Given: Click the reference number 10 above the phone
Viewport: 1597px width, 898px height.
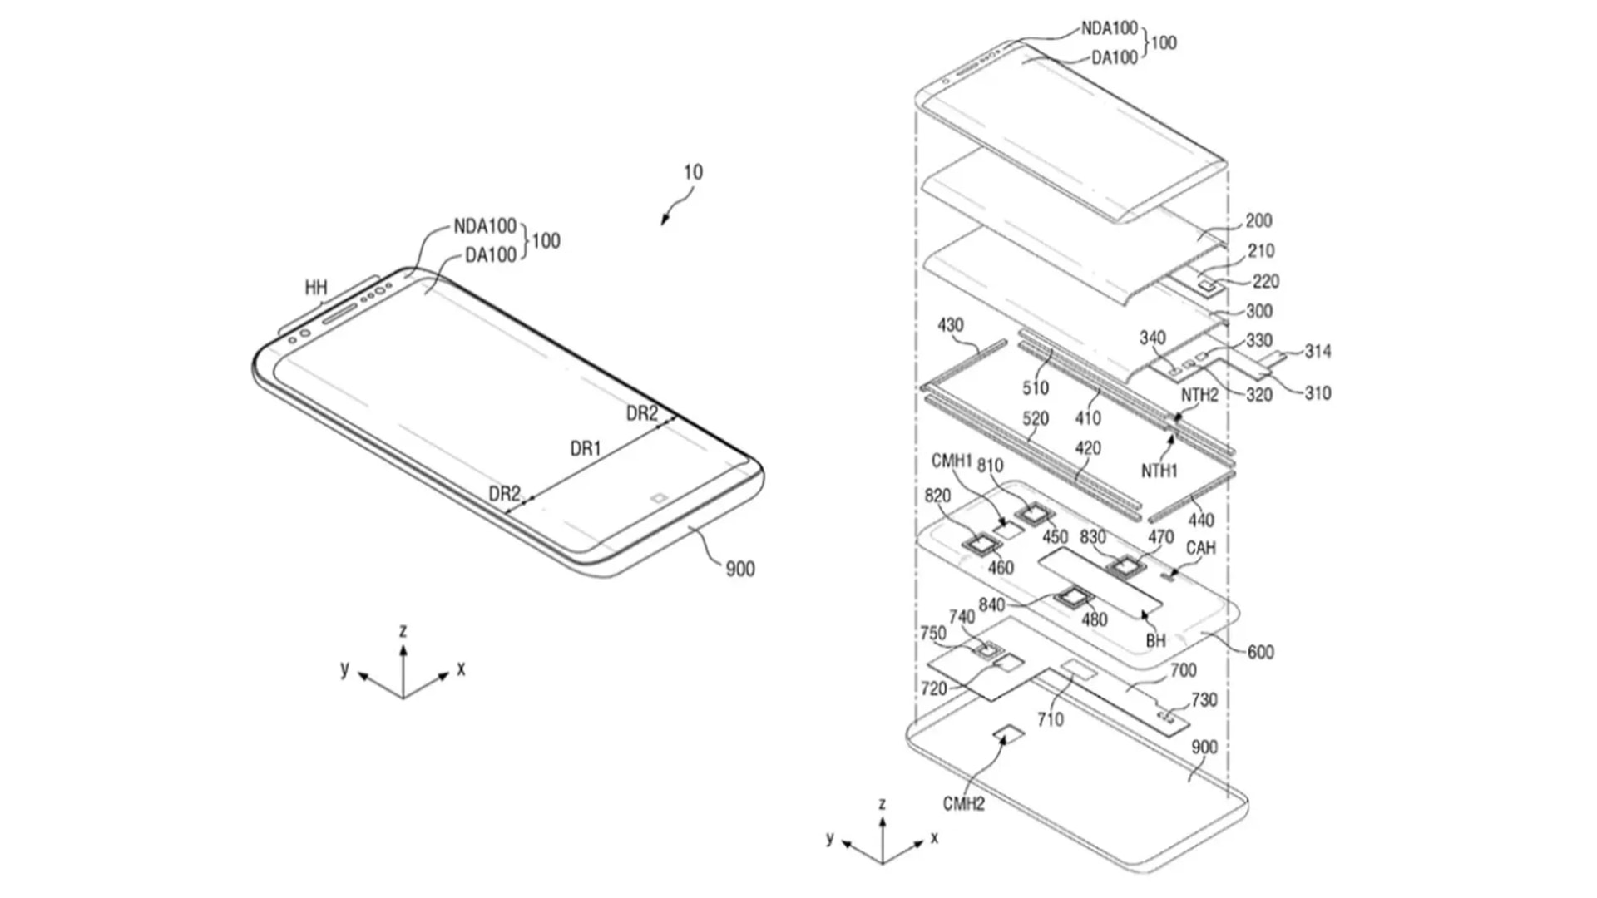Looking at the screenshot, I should pyautogui.click(x=693, y=172).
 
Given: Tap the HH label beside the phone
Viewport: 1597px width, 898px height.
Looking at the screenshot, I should pyautogui.click(x=315, y=288).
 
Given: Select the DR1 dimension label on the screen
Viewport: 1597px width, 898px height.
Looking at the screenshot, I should pyautogui.click(x=586, y=449).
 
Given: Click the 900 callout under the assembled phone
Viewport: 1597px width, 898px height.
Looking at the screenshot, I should pyautogui.click(x=739, y=570).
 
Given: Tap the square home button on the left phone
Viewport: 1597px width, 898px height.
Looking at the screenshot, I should pyautogui.click(x=658, y=499).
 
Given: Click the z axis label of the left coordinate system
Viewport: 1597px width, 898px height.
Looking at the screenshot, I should pyautogui.click(x=403, y=631).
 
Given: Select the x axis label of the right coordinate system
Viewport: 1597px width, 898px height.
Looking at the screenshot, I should pyautogui.click(x=935, y=837).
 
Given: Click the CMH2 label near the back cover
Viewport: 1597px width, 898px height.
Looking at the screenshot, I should pyautogui.click(x=963, y=804).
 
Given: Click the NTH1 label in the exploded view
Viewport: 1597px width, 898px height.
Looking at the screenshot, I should pyautogui.click(x=1159, y=471).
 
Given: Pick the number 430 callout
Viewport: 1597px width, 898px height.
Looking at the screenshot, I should pyautogui.click(x=950, y=325).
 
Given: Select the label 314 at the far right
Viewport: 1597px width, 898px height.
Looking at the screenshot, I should pyautogui.click(x=1318, y=352).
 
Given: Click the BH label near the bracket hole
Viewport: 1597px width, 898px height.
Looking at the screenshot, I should pyautogui.click(x=1155, y=640).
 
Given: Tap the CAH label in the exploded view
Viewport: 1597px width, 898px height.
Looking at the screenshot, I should pyautogui.click(x=1200, y=548).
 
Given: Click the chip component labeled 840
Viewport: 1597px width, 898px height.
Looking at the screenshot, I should pyautogui.click(x=1073, y=597).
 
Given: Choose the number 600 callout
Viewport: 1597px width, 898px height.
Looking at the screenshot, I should pyautogui.click(x=1260, y=653).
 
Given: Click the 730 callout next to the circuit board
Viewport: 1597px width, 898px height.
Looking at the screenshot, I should pyautogui.click(x=1204, y=700).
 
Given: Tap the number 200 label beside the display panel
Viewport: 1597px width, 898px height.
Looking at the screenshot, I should pyautogui.click(x=1258, y=220).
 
